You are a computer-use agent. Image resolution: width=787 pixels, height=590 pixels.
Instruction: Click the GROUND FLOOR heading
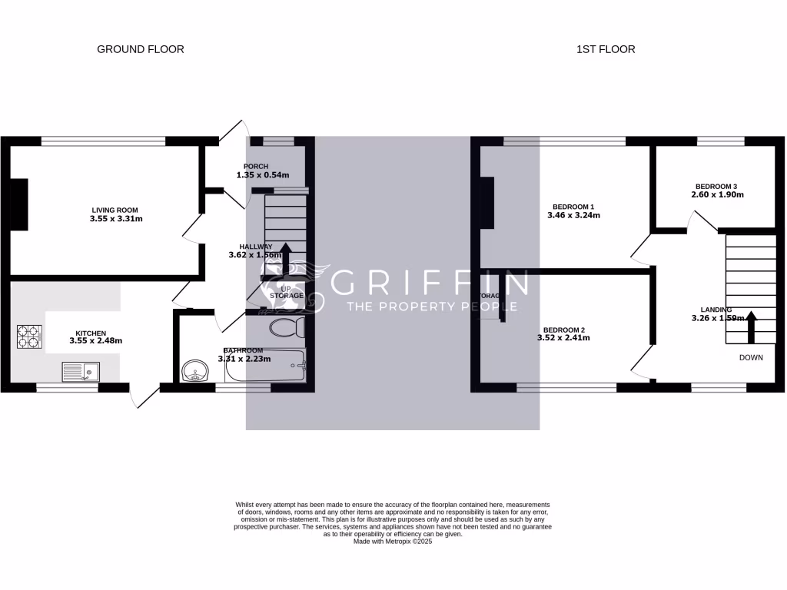tap(140, 49)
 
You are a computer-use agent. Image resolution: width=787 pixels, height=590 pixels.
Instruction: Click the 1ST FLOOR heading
tap(606, 49)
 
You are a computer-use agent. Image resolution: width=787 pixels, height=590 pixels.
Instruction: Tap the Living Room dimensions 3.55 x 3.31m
tap(116, 219)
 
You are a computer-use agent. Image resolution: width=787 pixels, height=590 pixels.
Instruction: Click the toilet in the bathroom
tap(287, 328)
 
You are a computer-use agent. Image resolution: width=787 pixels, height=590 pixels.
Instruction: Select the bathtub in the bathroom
tap(265, 368)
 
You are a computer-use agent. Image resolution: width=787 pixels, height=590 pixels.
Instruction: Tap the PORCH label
tap(256, 167)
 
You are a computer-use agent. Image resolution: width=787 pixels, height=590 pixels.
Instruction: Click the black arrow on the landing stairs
tap(752, 326)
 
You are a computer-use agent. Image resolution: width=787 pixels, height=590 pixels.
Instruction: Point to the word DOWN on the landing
tap(752, 358)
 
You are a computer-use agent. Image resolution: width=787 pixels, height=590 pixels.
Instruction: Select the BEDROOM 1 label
tap(573, 207)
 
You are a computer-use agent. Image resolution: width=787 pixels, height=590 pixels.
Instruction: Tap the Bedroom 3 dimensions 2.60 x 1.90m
tap(718, 195)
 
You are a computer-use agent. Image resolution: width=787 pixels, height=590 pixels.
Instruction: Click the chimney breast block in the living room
tap(18, 204)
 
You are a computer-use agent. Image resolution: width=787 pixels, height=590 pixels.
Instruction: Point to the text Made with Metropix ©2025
tap(393, 541)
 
